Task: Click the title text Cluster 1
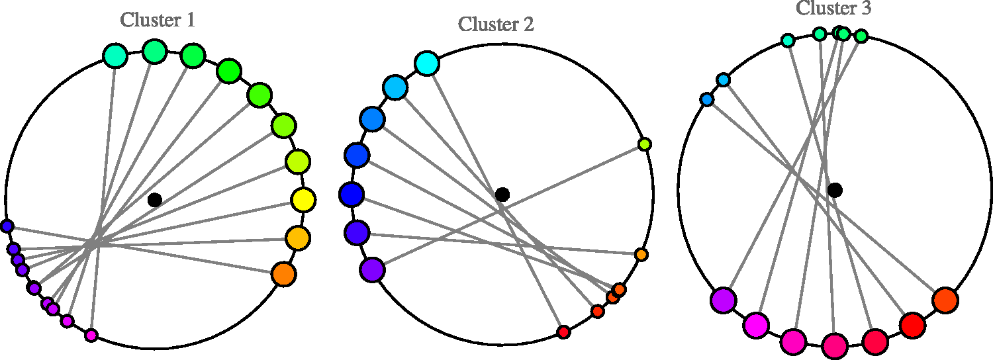158,21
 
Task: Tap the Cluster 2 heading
496,24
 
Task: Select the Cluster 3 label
833,8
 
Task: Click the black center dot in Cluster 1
155,199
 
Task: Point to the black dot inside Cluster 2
502,194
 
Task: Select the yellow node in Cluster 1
304,200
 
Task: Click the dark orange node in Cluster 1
284,275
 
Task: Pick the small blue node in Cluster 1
7,226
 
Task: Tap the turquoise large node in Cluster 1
115,56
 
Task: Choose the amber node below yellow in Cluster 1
298,238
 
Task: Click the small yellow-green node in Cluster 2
645,144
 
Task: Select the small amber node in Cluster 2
641,255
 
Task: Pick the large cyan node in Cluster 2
427,64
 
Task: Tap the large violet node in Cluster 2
372,270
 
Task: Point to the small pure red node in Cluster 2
563,332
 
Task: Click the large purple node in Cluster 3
724,300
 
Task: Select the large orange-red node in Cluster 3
945,300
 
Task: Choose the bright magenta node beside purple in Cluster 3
756,326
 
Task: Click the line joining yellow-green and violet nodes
508,207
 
